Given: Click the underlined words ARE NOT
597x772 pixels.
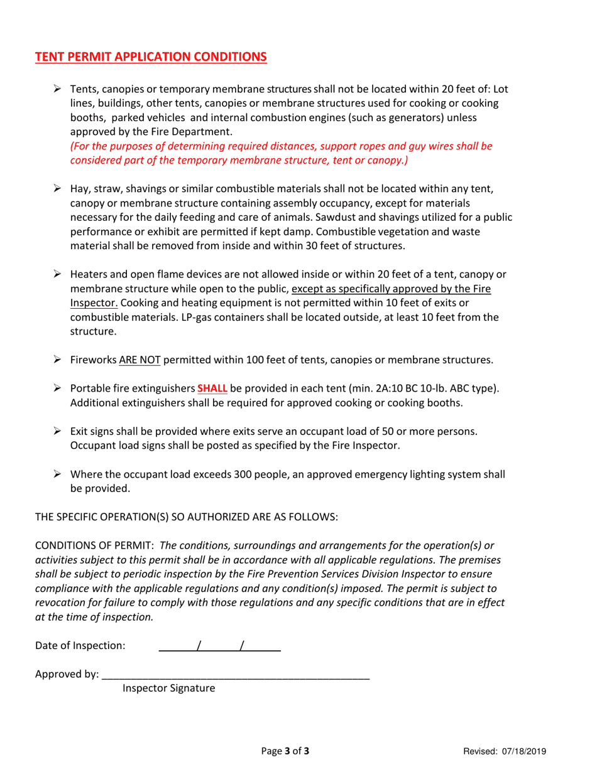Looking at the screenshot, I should click(x=142, y=360).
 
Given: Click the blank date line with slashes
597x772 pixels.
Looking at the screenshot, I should click(x=219, y=645).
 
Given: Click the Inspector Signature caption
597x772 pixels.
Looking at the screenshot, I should click(x=168, y=689).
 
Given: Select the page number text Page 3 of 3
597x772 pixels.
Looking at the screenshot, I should click(x=285, y=751).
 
